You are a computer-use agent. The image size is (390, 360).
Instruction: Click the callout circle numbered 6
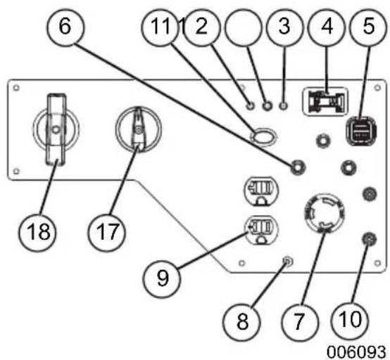[65, 27]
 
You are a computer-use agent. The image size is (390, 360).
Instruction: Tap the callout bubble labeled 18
[37, 232]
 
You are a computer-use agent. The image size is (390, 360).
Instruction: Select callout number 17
[107, 232]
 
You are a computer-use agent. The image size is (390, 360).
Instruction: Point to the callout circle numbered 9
[162, 278]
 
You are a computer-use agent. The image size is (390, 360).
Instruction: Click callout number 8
[241, 322]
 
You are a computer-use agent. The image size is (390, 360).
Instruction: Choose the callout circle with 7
[300, 322]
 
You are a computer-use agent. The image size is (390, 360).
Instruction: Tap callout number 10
[350, 320]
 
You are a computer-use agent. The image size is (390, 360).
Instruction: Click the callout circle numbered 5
[369, 27]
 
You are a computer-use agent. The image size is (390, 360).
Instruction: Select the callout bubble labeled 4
[327, 27]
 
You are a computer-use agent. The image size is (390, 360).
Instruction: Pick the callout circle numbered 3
[285, 27]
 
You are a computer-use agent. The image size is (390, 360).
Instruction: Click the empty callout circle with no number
[244, 27]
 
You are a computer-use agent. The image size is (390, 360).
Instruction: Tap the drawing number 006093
[356, 352]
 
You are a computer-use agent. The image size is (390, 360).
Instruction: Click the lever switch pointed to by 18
[56, 129]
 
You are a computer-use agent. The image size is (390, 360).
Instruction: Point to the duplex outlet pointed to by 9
[261, 230]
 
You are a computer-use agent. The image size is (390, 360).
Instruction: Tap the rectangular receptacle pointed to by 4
[325, 102]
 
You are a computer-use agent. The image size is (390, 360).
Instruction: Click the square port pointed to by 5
[361, 131]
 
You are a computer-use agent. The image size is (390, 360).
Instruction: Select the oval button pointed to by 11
[264, 136]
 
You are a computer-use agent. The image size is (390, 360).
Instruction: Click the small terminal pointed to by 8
[288, 262]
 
